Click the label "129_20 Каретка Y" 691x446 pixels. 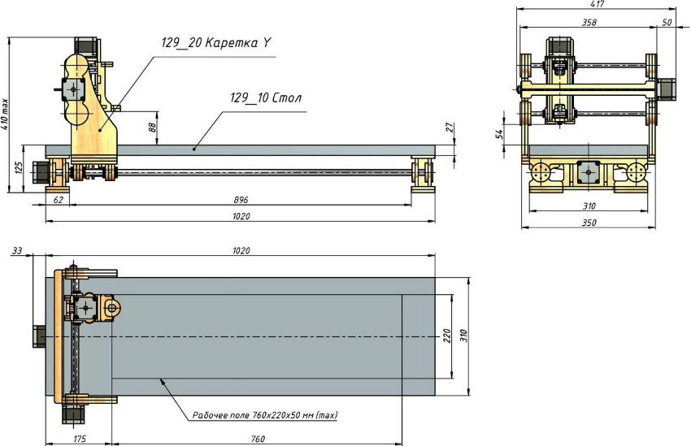coord(215,44)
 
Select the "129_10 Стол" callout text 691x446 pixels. coord(265,97)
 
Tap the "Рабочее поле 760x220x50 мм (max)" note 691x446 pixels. coord(265,415)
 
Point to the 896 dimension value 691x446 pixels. coord(241,199)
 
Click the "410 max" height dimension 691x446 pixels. coord(7,114)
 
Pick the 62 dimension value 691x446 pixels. coord(58,199)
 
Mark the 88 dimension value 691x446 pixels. coord(152,126)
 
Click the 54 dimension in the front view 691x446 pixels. coord(502,132)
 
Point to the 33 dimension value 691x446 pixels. coord(16,251)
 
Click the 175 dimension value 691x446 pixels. coord(79,440)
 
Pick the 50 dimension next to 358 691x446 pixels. coord(667,24)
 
